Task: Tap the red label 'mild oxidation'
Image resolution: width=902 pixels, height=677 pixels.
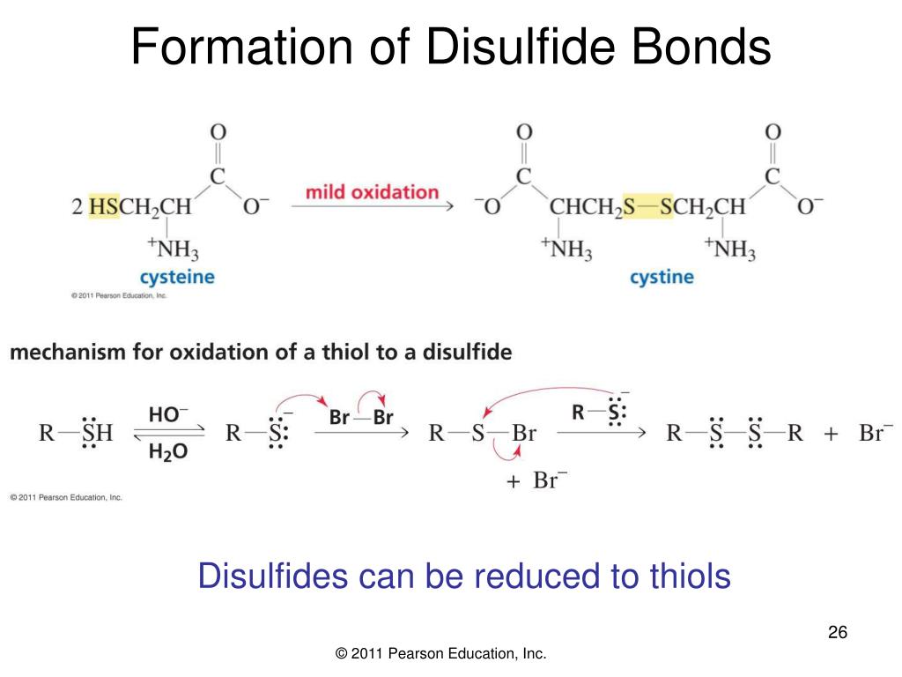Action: (x=372, y=191)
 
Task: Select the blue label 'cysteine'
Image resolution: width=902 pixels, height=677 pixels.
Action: (x=177, y=277)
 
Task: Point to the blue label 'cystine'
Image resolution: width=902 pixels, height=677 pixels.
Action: (x=662, y=277)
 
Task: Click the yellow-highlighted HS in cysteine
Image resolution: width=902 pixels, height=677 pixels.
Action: (x=104, y=207)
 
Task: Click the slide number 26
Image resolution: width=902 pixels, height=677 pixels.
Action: (x=837, y=633)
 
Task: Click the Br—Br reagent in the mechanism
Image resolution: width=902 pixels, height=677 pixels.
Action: (x=361, y=417)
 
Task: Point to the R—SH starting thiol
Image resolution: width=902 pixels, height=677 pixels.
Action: (x=76, y=433)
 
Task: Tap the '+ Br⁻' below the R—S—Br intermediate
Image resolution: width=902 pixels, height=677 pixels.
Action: (x=537, y=482)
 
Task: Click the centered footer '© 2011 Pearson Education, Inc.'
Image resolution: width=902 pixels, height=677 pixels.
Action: (x=441, y=653)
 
